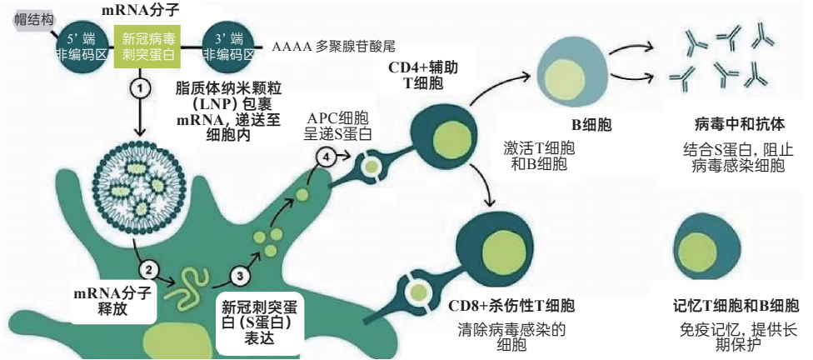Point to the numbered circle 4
coord(326,155)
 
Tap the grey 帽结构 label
coord(32,17)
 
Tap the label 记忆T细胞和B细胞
coord(736,306)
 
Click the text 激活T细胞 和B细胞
coord(539,156)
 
